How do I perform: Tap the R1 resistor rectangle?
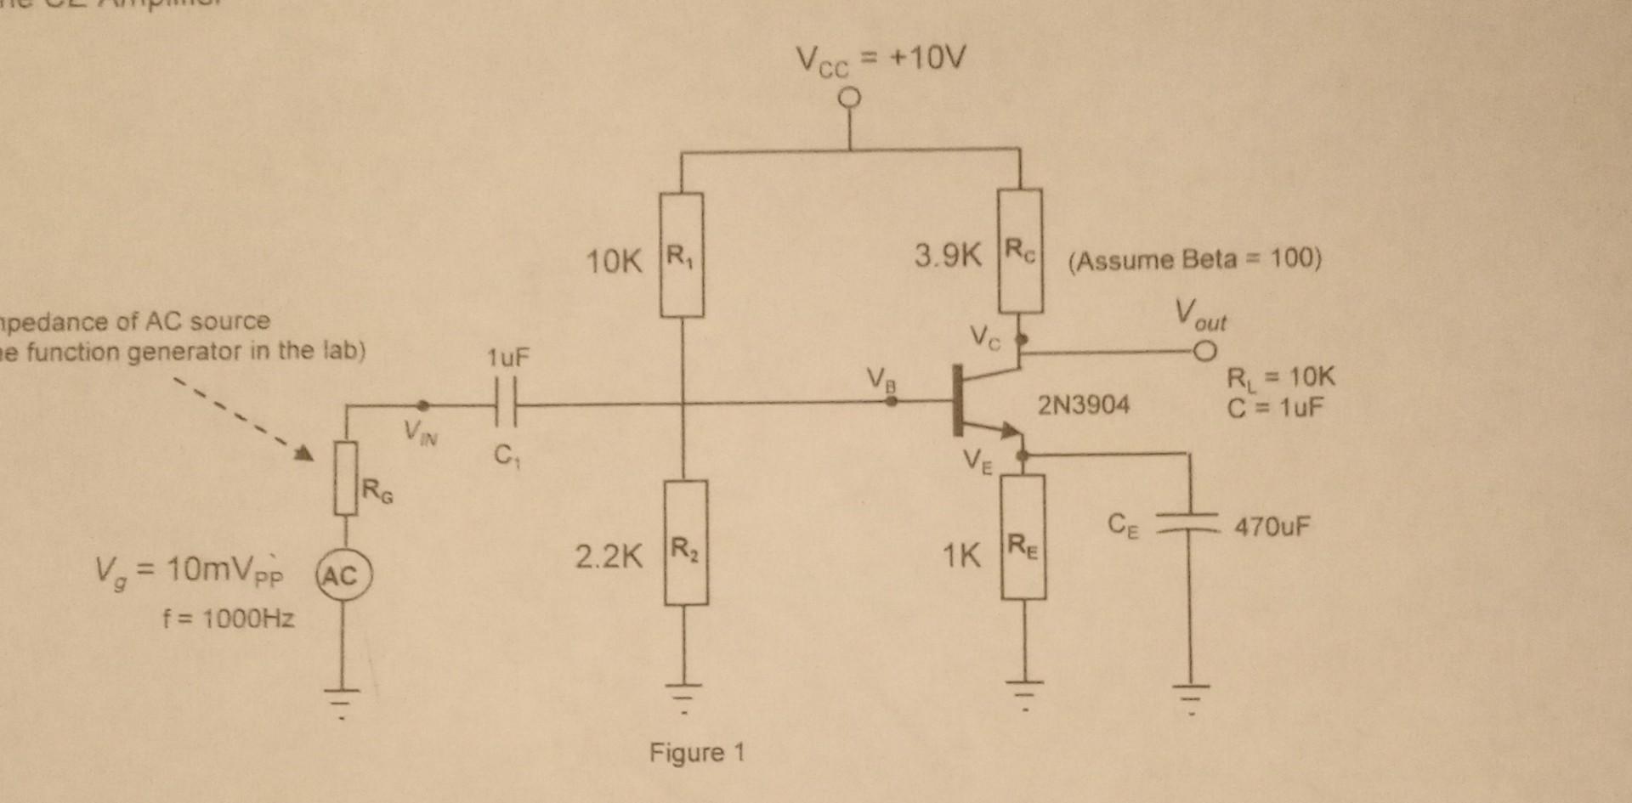pyautogui.click(x=682, y=255)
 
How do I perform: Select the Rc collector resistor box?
pyautogui.click(x=1020, y=252)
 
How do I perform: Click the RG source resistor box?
pyautogui.click(x=345, y=478)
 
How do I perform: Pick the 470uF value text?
pyautogui.click(x=1272, y=528)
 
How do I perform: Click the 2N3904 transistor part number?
pyautogui.click(x=1084, y=404)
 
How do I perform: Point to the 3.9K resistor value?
pyautogui.click(x=948, y=255)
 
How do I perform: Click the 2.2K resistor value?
pyautogui.click(x=609, y=557)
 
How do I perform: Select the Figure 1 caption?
pyautogui.click(x=696, y=753)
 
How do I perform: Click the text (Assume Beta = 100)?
pyautogui.click(x=1194, y=259)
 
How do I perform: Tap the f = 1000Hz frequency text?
pyautogui.click(x=229, y=618)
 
